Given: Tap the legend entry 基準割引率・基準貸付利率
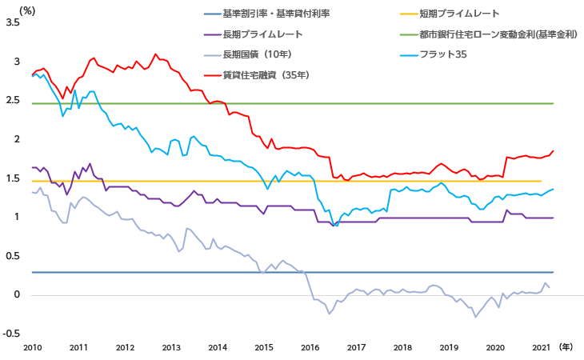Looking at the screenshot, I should pos(275,14).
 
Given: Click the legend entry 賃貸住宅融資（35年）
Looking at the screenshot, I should pos(266,75).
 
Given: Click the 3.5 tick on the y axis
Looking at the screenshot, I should pos(13,22).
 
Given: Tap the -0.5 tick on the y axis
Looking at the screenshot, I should pos(11,334).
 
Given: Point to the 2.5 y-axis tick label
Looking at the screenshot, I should pos(13,100).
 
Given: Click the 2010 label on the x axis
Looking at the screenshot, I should pos(32,348).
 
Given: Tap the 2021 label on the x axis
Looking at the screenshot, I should pos(542,348).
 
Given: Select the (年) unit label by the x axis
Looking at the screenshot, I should pos(566,347).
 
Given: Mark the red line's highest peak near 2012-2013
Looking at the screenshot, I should pos(156,54).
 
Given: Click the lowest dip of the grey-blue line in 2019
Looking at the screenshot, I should pos(475,318).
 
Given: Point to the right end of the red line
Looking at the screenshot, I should pos(553,151).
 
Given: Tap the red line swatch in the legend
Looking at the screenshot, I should pos(211,75).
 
